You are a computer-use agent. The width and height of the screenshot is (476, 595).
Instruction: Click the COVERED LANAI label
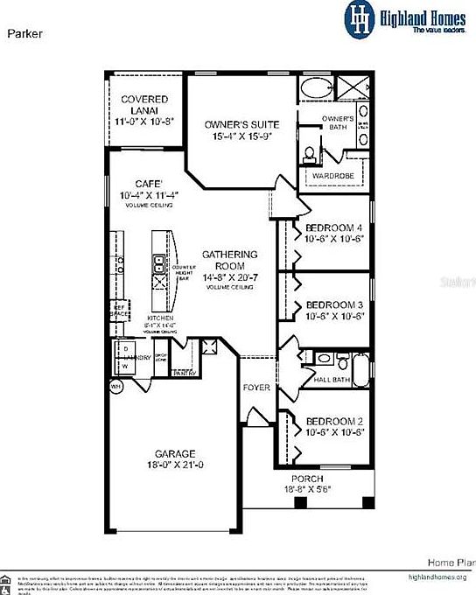[x=145, y=105]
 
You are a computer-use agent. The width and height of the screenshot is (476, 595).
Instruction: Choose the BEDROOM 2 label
[x=334, y=421]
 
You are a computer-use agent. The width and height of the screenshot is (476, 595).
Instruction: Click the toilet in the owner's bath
[x=309, y=154]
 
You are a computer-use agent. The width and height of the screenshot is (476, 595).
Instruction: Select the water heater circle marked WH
[x=115, y=385]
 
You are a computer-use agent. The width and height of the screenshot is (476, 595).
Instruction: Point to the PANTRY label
[x=184, y=373]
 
